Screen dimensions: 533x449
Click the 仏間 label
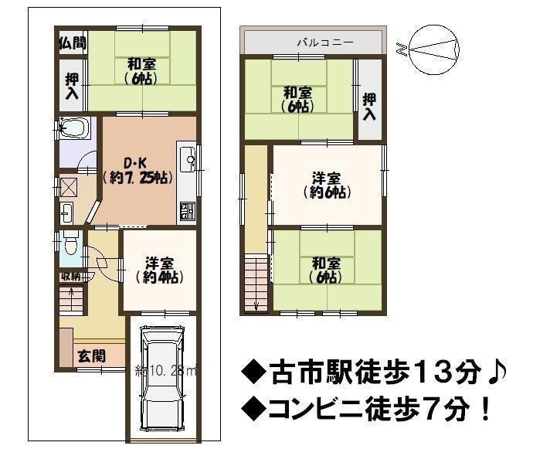(73, 43)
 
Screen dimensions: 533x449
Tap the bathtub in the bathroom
(74, 128)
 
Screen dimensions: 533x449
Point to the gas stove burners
(187, 210)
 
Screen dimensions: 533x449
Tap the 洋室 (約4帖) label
(160, 270)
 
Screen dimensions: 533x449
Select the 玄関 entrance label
(92, 355)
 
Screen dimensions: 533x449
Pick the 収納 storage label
(71, 277)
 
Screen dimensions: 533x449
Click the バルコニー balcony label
(325, 43)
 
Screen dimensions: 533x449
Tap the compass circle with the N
(434, 49)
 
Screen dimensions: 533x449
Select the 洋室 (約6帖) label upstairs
(327, 185)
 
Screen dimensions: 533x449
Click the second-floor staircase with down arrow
(256, 282)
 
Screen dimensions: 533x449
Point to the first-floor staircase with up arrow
(71, 299)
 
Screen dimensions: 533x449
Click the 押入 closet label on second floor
(369, 107)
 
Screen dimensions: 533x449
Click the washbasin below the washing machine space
(66, 213)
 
